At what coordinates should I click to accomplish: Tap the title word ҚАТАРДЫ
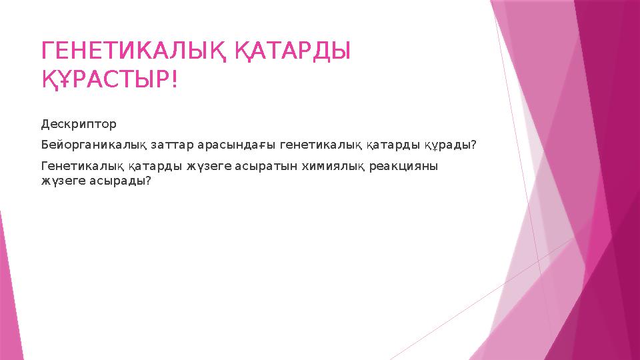pyautogui.click(x=293, y=50)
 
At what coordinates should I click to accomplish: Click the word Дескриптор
pyautogui.click(x=79, y=124)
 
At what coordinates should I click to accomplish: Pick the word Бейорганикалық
pyautogui.click(x=85, y=145)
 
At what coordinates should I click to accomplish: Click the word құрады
pyautogui.click(x=447, y=145)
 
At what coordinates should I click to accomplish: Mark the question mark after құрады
pyautogui.click(x=473, y=145)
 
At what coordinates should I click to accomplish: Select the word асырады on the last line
pyautogui.click(x=120, y=181)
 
